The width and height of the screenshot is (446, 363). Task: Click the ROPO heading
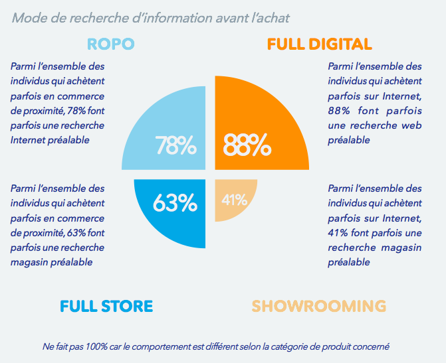(111, 44)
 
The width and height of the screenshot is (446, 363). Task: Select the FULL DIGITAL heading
(319, 44)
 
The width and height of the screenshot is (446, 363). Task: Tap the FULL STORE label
(106, 306)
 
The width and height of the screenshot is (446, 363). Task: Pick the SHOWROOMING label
(319, 306)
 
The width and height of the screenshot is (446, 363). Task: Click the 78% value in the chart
(175, 145)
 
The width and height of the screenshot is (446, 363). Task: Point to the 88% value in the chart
(247, 144)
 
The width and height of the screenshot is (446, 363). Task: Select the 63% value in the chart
(175, 203)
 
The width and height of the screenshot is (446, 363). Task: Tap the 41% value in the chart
(235, 199)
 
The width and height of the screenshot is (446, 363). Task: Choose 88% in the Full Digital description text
(340, 111)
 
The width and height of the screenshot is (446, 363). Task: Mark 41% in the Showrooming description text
(340, 233)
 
